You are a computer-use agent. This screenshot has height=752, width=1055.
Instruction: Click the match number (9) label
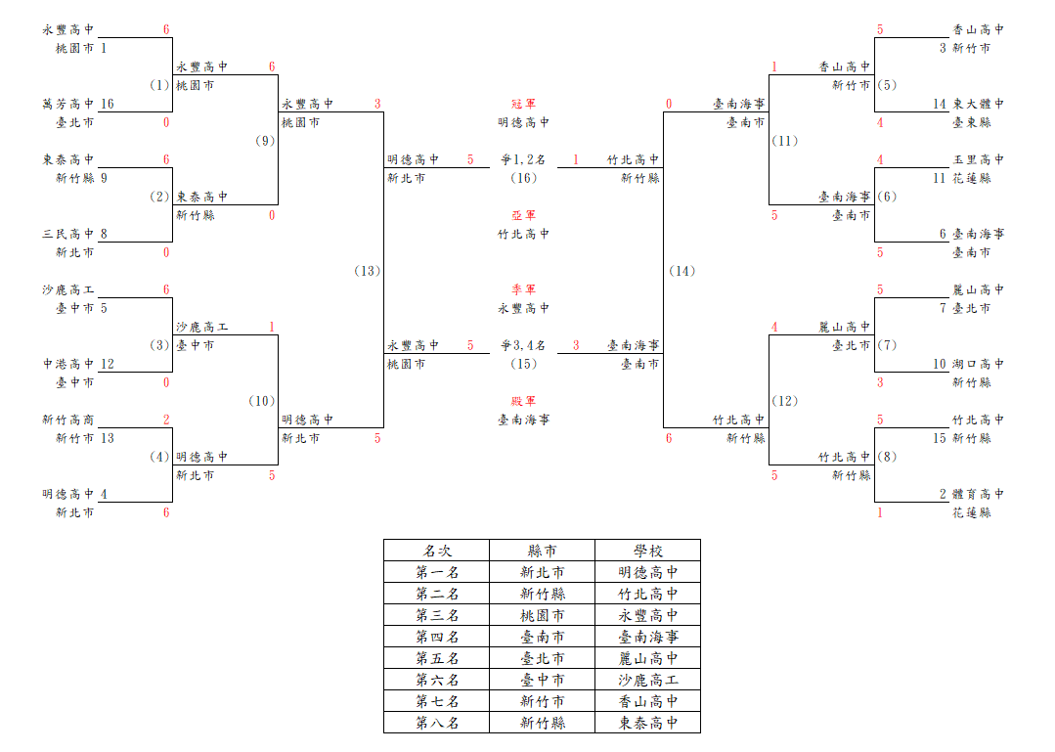click(265, 141)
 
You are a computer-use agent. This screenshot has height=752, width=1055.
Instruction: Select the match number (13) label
click(368, 271)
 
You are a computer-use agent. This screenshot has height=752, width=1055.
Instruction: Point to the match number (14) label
click(682, 271)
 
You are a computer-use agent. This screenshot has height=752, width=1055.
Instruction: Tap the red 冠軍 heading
click(523, 104)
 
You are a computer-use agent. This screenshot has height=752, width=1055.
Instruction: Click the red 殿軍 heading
click(523, 401)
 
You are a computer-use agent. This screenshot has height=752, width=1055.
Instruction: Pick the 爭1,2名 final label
click(523, 159)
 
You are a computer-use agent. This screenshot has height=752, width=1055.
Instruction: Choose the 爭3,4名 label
click(523, 345)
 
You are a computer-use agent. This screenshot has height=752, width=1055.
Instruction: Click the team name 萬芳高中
click(68, 104)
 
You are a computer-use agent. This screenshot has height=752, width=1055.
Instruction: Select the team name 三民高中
click(68, 234)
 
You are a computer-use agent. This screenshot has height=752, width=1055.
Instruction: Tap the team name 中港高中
click(68, 364)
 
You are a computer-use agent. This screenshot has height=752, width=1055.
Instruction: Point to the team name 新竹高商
click(68, 420)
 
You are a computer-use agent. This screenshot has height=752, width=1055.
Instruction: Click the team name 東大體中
click(979, 104)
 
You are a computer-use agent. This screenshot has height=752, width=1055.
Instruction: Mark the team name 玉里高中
click(979, 159)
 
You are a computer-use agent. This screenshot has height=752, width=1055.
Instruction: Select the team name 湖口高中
click(979, 364)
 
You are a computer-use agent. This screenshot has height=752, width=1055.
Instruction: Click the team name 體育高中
click(979, 494)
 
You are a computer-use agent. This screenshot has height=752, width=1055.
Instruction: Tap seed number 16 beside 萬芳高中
click(107, 104)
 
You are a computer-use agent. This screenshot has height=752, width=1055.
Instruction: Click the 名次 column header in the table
click(437, 551)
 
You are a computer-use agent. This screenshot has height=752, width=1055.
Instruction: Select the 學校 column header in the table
click(648, 551)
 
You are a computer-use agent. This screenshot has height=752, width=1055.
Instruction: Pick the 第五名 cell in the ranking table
click(437, 658)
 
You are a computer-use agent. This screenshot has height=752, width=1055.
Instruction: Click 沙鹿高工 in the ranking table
click(648, 680)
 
